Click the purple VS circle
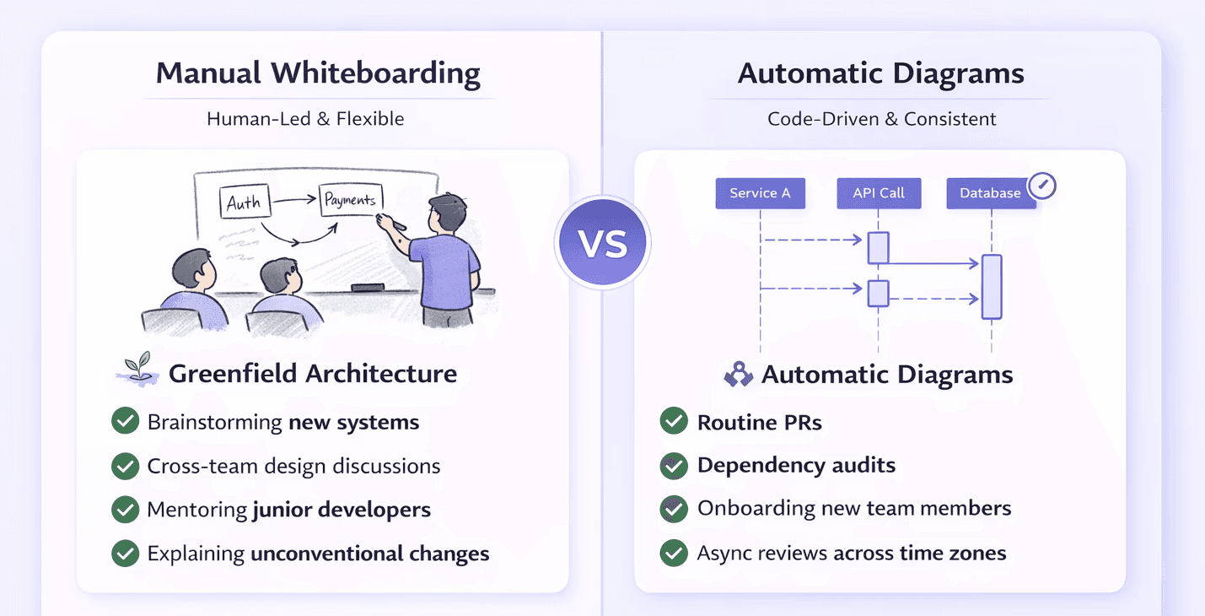pos(602,243)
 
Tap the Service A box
pos(760,193)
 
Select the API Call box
pos(879,193)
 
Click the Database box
pos(991,193)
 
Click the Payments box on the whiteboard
pos(350,200)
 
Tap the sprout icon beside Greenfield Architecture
pos(136,370)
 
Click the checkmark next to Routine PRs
pos(673,421)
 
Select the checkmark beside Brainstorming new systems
pos(126,421)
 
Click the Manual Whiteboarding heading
pos(318,73)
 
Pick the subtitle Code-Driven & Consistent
pos(881,119)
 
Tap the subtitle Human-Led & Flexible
pos(305,119)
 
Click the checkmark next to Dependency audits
pos(673,465)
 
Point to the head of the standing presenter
pos(447,214)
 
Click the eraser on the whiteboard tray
pos(368,288)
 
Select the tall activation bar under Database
pos(992,287)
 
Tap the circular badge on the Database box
pos(1042,186)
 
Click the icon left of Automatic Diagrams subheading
pos(739,374)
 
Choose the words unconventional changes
pos(369,554)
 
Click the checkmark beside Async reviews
pos(673,553)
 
